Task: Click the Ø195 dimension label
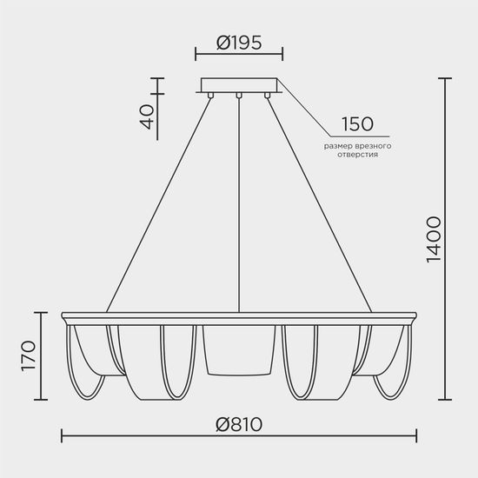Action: pyautogui.click(x=238, y=42)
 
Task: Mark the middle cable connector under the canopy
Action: pyautogui.click(x=238, y=96)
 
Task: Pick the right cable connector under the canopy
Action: pyautogui.click(x=267, y=96)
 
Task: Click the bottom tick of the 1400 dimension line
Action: pyautogui.click(x=445, y=400)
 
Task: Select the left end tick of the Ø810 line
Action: pyautogui.click(x=62, y=434)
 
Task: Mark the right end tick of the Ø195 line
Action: pyautogui.click(x=282, y=53)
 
